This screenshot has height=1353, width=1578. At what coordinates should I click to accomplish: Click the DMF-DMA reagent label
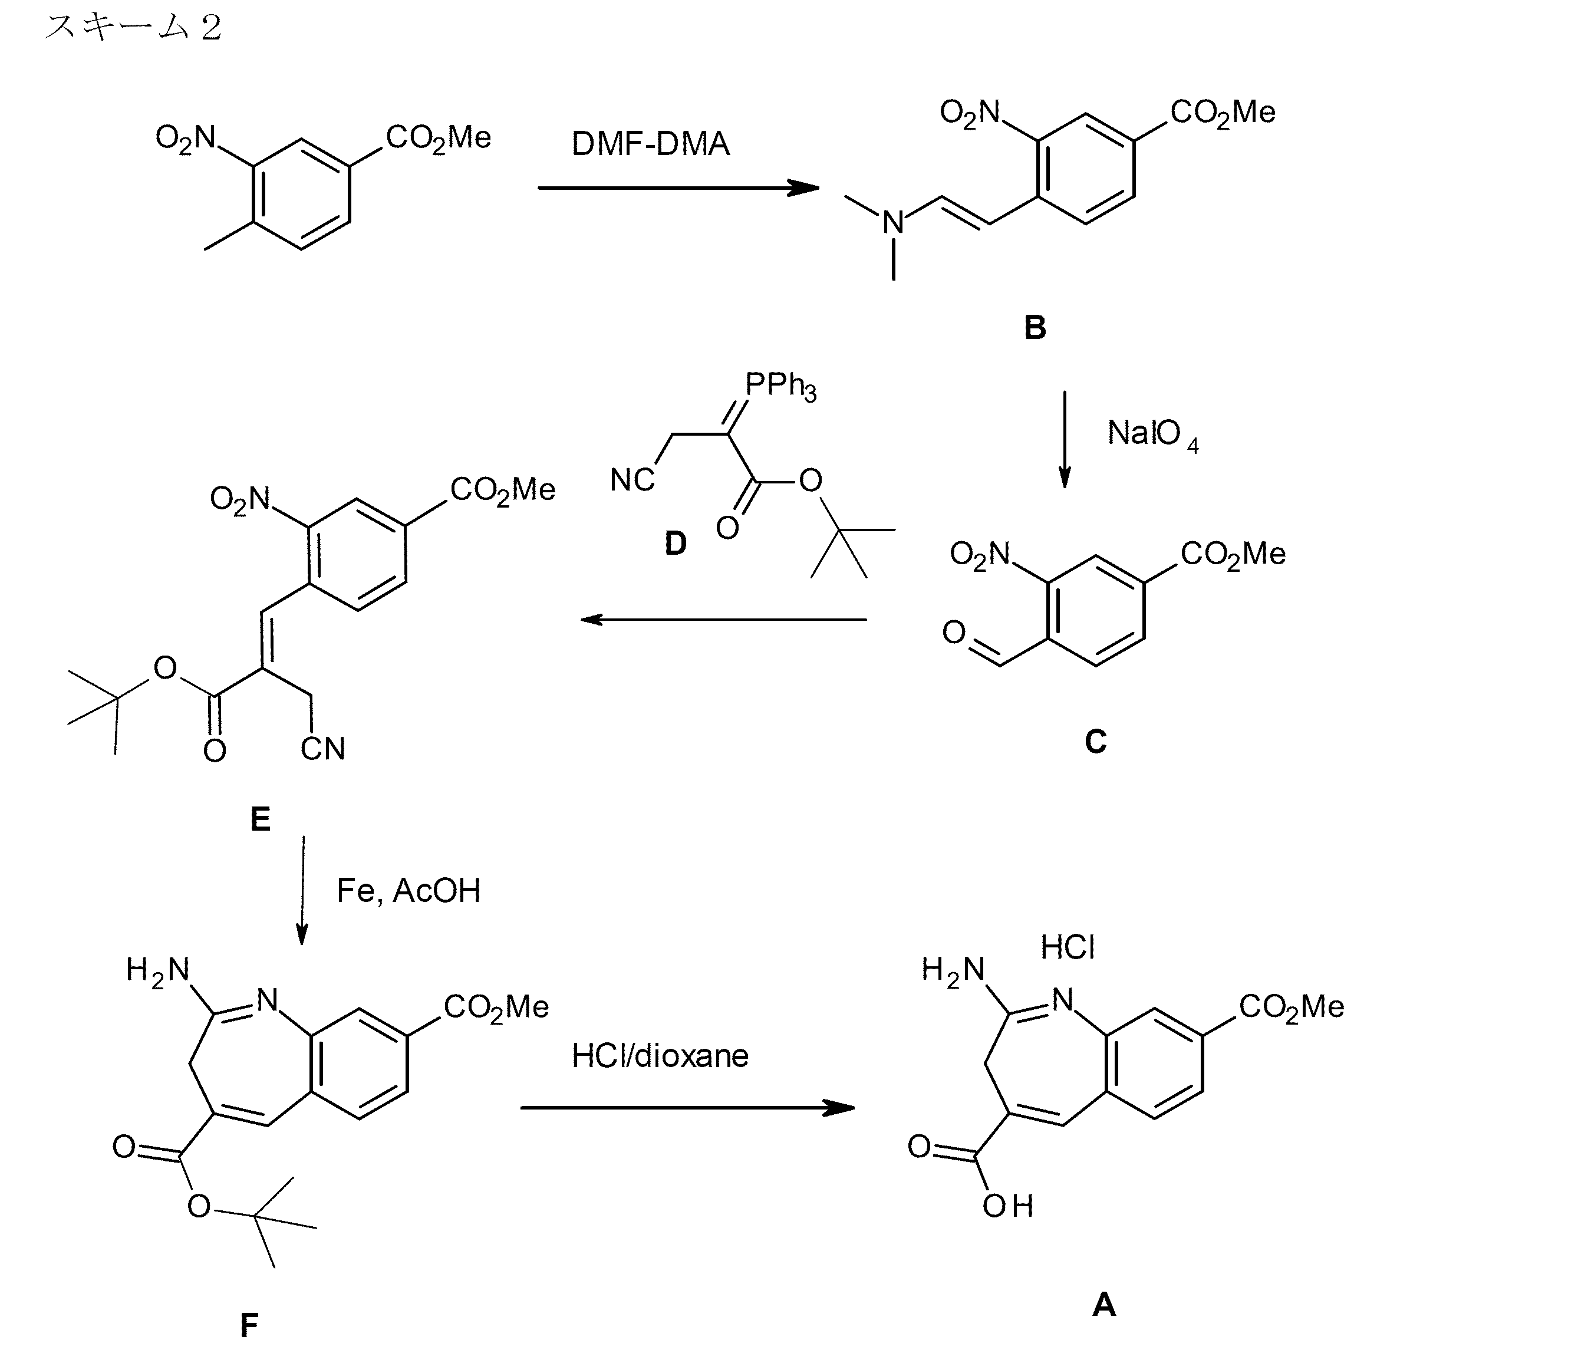650,144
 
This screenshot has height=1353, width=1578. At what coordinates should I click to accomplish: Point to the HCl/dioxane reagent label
660,1056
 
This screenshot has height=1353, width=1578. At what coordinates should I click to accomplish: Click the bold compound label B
1035,328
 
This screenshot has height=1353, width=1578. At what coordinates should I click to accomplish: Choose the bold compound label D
675,544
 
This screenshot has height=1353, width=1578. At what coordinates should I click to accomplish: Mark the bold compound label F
249,1326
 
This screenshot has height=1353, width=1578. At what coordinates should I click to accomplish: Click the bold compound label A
1103,1305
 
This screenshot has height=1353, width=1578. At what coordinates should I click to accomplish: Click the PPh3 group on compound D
780,386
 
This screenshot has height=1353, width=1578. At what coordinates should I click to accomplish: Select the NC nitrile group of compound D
632,480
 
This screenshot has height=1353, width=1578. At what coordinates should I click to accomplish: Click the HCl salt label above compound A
1067,948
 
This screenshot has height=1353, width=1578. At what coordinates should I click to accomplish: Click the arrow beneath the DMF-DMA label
678,187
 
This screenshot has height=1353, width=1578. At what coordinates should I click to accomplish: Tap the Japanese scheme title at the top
133,28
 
